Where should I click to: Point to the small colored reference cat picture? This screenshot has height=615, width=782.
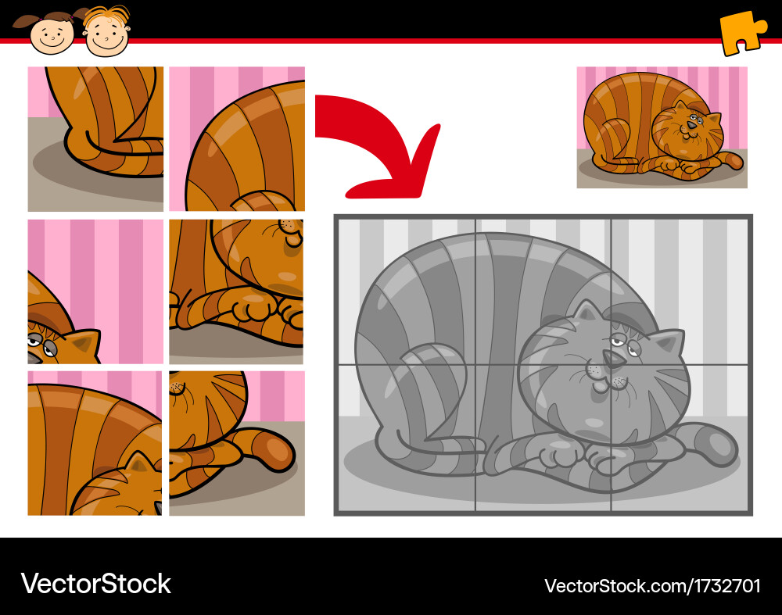[x=662, y=127]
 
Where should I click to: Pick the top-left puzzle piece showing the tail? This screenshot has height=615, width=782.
[x=95, y=138]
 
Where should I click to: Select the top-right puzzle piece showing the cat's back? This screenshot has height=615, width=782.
[x=237, y=138]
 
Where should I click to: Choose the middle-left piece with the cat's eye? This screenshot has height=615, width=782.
[x=95, y=291]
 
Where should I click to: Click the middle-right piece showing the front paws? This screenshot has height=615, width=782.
[x=237, y=291]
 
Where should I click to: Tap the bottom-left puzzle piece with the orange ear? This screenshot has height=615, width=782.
[x=95, y=443]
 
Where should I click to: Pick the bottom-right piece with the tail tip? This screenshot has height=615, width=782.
[x=237, y=443]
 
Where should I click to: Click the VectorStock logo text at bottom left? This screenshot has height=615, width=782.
[x=95, y=584]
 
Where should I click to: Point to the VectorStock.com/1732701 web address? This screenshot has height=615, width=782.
[x=652, y=585]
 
